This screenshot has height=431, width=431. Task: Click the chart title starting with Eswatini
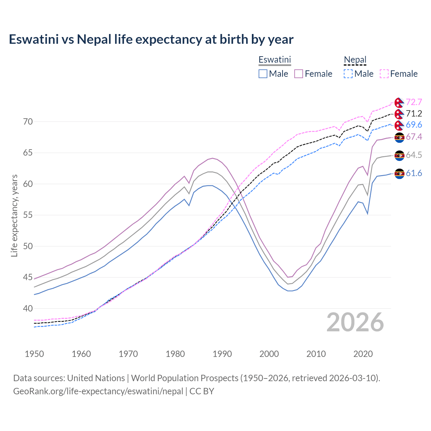[x=151, y=39]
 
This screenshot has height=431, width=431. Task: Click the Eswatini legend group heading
[x=274, y=60]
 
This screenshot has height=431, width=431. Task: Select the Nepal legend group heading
[x=355, y=60]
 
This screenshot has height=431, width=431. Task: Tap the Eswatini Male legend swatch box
[x=263, y=74]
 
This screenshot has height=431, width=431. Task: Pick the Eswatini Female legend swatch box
[x=299, y=74]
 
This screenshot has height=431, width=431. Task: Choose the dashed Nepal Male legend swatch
[x=348, y=74]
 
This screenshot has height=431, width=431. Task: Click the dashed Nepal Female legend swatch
[x=384, y=74]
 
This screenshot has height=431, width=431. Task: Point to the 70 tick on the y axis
[x=28, y=122]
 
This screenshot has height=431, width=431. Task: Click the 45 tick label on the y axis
[x=28, y=277]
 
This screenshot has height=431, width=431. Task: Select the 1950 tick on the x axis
[x=34, y=354]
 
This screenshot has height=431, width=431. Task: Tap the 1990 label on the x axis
[x=222, y=354]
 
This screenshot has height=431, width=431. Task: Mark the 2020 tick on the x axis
[x=363, y=354]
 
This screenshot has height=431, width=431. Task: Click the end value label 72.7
[x=414, y=102]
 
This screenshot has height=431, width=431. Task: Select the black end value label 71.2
[x=414, y=113]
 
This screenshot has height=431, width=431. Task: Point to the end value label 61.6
[x=414, y=173]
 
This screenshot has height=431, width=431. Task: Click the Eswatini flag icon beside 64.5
[x=399, y=155]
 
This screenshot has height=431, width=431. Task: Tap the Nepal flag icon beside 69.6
[x=399, y=125]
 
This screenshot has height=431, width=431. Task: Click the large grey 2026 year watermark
[x=355, y=322]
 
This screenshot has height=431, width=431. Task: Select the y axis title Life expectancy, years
[x=14, y=215]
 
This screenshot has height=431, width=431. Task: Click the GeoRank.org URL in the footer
[x=98, y=391]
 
